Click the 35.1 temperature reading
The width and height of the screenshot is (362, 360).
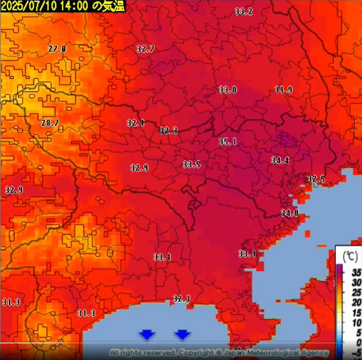point(227,142)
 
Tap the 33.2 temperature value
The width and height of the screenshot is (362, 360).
point(244,12)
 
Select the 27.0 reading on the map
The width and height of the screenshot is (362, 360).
point(57,49)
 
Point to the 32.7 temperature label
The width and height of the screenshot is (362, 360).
point(145,49)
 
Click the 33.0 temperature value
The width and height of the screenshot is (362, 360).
point(228,90)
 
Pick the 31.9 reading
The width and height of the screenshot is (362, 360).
point(283,90)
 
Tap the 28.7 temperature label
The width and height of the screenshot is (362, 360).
point(50,123)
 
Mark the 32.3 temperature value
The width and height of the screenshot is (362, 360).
point(169,131)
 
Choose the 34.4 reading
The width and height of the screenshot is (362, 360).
point(279,161)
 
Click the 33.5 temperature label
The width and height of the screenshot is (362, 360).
point(191,164)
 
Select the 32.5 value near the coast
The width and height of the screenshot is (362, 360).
point(316,179)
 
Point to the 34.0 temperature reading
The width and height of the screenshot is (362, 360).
point(289,213)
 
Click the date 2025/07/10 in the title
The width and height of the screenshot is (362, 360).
point(26,6)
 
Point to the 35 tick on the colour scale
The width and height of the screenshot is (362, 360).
point(356,272)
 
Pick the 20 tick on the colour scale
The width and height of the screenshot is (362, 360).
point(356,302)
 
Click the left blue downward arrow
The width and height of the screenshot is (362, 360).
point(147,335)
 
